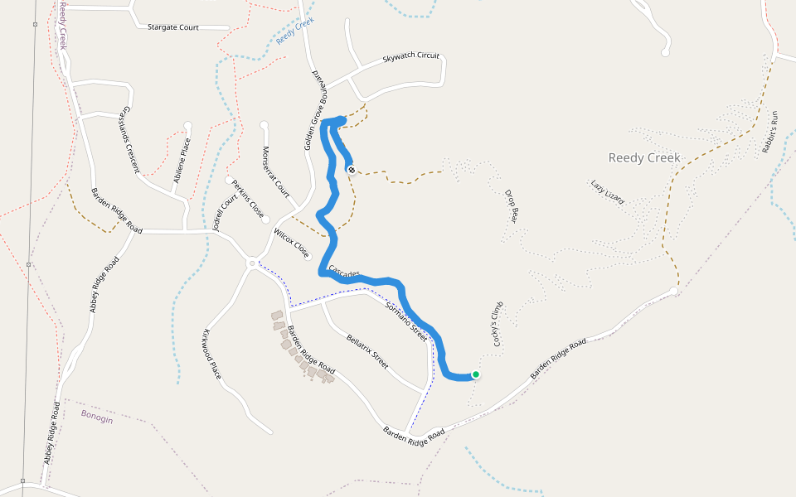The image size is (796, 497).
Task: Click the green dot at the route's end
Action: click(x=476, y=374)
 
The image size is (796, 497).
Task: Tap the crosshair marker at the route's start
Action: click(x=352, y=170)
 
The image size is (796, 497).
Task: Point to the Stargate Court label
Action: click(x=172, y=27)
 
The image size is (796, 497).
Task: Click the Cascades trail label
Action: click(x=343, y=271)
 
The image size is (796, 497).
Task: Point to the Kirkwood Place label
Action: click(x=211, y=355)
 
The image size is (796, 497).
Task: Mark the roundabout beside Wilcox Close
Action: click(x=251, y=263)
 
